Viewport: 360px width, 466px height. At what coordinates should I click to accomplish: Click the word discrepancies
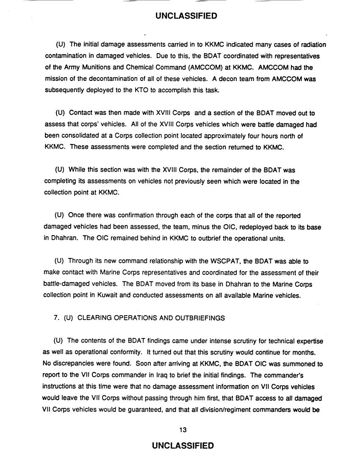click(73, 363)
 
